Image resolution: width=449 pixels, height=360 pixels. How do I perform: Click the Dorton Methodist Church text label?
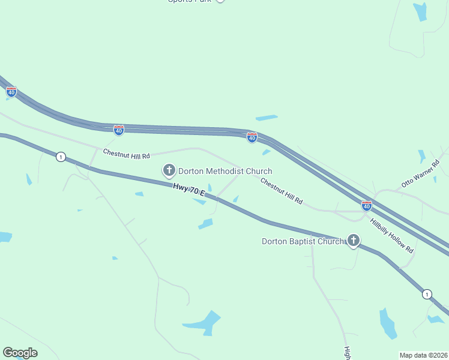click(x=225, y=171)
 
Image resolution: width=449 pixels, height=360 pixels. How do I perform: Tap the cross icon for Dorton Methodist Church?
click(x=169, y=171)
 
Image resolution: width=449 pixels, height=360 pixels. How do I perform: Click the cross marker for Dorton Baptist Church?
click(x=354, y=241)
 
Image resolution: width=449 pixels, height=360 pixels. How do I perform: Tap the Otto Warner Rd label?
click(x=421, y=175)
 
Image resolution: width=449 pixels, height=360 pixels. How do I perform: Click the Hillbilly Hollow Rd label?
click(x=392, y=235)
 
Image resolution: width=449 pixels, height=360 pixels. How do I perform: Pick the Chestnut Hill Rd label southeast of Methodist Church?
click(x=282, y=191)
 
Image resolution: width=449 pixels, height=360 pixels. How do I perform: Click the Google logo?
click(x=20, y=353)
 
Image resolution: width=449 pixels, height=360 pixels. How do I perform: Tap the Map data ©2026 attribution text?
click(x=423, y=355)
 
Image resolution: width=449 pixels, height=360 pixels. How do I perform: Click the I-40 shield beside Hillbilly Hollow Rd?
click(x=366, y=206)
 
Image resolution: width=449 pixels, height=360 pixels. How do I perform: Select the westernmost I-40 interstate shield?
click(x=11, y=92)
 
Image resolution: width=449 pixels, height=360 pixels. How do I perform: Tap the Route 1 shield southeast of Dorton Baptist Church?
click(x=426, y=294)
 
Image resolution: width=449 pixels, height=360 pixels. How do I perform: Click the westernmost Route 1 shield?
click(x=61, y=157)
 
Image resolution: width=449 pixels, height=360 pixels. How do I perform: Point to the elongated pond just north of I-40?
click(x=267, y=118)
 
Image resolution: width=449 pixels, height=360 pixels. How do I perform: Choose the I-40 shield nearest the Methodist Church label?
click(x=252, y=138)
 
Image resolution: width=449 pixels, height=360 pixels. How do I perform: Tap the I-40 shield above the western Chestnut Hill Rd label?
click(x=119, y=130)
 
